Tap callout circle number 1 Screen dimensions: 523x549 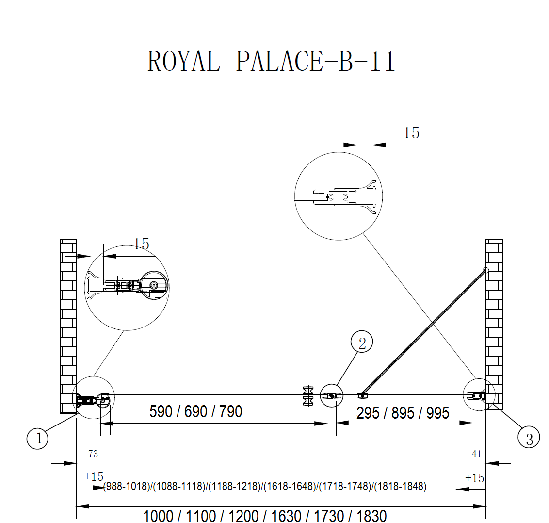[38, 439]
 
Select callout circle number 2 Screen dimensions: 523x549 [362, 343]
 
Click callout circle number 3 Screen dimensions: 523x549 [529, 439]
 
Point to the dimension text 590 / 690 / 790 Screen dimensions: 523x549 [196, 411]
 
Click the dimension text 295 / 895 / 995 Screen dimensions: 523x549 [403, 413]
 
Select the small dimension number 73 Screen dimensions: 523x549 [93, 454]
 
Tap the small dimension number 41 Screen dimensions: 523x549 [476, 454]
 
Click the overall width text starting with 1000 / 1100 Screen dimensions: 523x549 [265, 516]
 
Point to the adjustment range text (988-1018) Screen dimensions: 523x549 [128, 486]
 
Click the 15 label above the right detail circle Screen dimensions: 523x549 [411, 132]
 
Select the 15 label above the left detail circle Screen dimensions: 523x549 [141, 244]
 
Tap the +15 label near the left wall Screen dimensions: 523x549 [94, 476]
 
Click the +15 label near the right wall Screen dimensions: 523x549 [474, 478]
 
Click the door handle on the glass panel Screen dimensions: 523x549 [307, 396]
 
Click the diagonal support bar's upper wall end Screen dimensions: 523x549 [485, 270]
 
